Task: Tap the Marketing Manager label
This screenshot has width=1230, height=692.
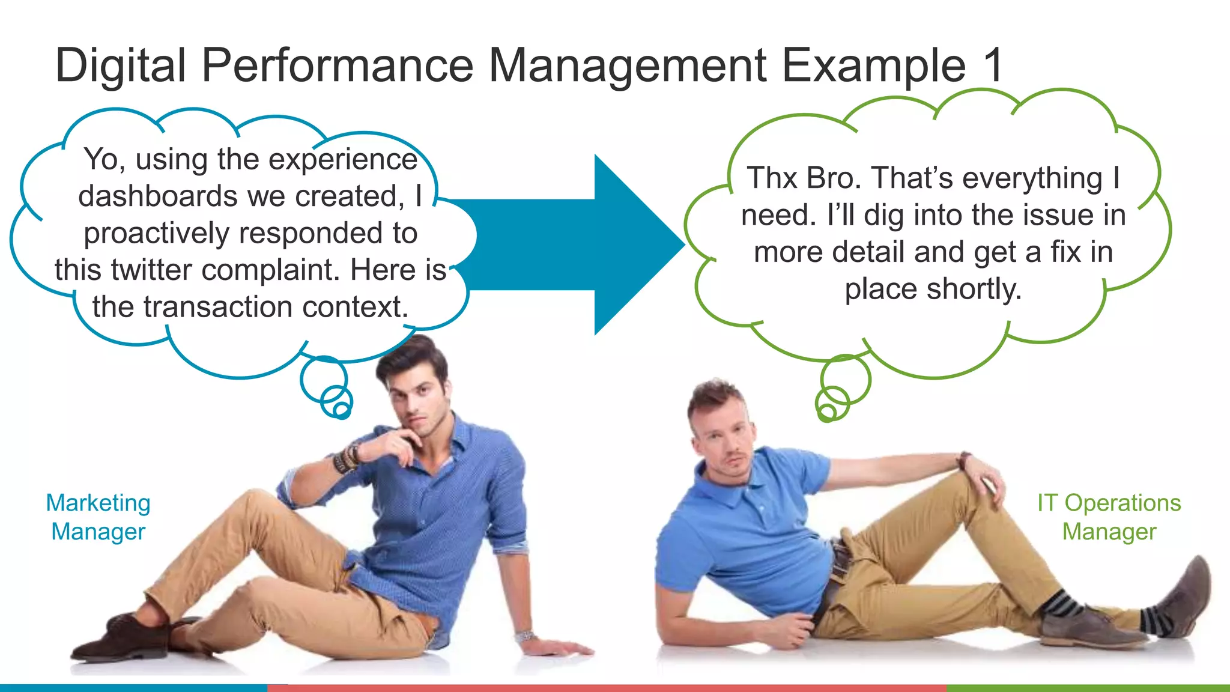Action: tap(98, 517)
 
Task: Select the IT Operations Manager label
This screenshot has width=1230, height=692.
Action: tap(1109, 517)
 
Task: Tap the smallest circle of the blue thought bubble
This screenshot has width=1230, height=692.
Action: tap(342, 410)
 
